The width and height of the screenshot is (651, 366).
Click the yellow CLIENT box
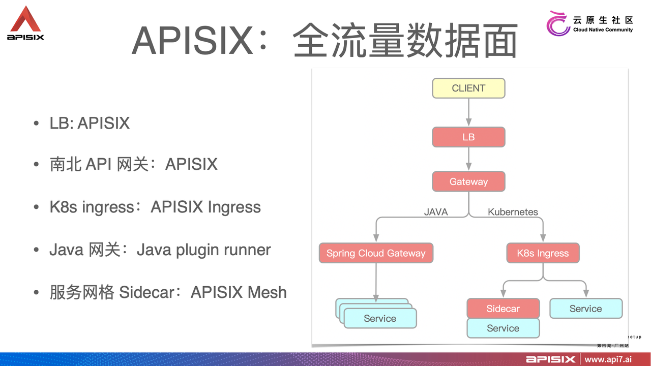[x=468, y=88]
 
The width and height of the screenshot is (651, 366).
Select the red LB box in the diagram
[x=468, y=137]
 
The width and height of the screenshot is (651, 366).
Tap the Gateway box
[x=468, y=181]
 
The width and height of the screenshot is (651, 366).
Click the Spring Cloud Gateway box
[x=376, y=253]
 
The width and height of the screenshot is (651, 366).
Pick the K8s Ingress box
[x=543, y=253]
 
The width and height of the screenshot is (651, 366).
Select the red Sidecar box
[x=503, y=309]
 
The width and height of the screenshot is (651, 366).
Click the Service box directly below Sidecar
[x=503, y=328]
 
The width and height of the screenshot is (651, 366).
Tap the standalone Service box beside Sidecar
[x=585, y=309]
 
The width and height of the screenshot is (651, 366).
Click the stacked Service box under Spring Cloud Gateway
[x=380, y=319]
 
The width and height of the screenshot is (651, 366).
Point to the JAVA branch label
[x=436, y=212]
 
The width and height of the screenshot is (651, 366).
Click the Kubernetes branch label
[x=513, y=212]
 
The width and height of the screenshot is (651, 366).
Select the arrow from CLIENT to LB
[x=468, y=112]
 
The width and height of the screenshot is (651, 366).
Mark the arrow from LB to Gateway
[x=468, y=159]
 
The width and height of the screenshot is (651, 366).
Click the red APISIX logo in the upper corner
[x=25, y=23]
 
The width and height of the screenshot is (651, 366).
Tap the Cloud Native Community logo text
[x=602, y=24]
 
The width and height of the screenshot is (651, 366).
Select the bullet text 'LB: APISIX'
[x=90, y=123]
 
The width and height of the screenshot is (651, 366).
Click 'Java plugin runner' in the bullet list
[x=203, y=250]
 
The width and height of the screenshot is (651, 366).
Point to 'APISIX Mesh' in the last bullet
[x=239, y=292]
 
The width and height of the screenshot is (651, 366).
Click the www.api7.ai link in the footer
[x=608, y=359]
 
